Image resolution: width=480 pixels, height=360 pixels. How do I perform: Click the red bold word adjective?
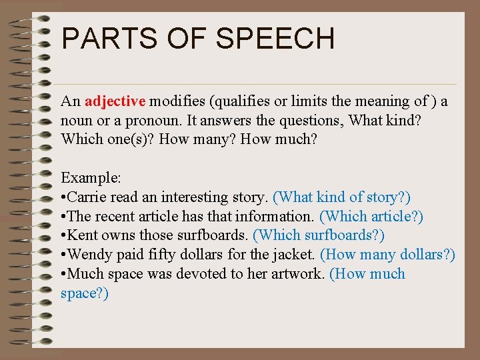pyautogui.click(x=115, y=101)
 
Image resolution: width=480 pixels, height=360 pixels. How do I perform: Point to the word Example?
pyautogui.click(x=91, y=178)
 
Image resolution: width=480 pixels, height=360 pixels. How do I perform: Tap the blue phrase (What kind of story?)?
pyautogui.click(x=342, y=197)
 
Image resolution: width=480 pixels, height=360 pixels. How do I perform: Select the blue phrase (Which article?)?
pyautogui.click(x=371, y=217)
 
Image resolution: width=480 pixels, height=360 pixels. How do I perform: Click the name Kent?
pyautogui.click(x=83, y=235)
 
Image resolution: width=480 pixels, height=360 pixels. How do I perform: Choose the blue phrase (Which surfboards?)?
pyautogui.click(x=319, y=235)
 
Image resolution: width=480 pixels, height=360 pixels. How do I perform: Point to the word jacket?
pyautogui.click(x=295, y=255)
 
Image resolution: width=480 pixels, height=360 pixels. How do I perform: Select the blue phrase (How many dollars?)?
pyautogui.click(x=387, y=255)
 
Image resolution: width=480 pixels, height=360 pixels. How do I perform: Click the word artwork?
pyautogui.click(x=296, y=274)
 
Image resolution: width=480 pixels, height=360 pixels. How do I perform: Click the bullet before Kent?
pyautogui.click(x=63, y=235)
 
